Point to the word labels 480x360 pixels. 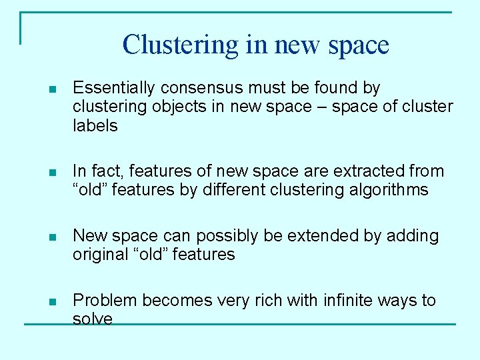(x=95, y=125)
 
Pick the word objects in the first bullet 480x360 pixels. (x=189, y=107)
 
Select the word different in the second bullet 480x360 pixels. (x=230, y=190)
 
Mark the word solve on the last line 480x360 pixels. (x=93, y=319)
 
